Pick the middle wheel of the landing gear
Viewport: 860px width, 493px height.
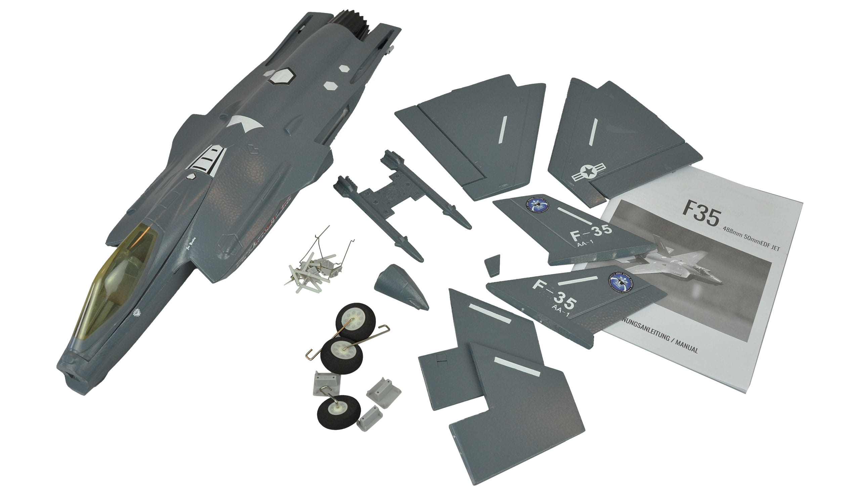coord(341,355)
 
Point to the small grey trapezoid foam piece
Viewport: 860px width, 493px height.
coord(492,265)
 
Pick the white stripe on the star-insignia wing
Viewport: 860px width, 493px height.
coord(593,132)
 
